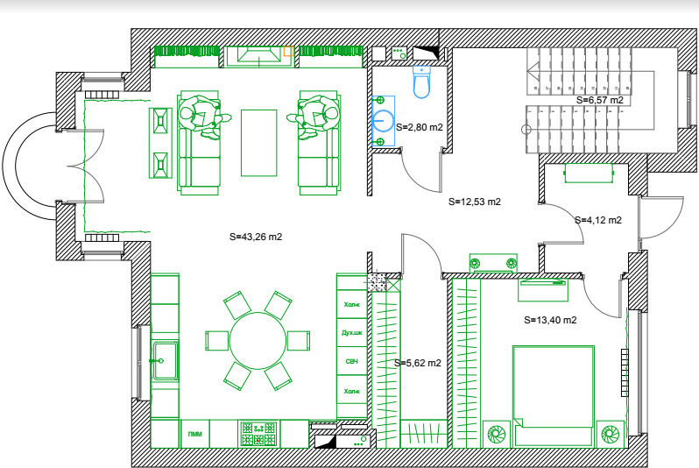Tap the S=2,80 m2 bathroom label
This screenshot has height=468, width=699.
coord(420,128)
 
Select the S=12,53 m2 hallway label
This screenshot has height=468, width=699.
coord(474,202)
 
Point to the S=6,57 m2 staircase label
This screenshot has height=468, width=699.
coord(600,100)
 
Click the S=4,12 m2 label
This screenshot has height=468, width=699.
coord(597,220)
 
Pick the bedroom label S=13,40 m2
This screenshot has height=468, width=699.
coord(549,320)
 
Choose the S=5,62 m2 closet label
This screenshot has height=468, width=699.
coord(417,362)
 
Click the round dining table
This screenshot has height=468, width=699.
coord(258,339)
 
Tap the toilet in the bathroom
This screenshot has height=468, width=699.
coord(421,83)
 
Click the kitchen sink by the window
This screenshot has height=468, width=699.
coord(164,354)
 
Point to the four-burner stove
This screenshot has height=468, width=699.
coord(258,432)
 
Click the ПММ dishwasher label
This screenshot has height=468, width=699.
coord(194,434)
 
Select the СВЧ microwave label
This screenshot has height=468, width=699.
coord(351,362)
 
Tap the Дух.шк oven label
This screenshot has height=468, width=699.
coord(351,333)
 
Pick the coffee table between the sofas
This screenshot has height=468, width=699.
coord(258,142)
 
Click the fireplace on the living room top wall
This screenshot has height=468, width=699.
coord(256,56)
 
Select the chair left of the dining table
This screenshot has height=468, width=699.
coord(216,339)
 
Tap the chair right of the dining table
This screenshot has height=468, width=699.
coord(299,339)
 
